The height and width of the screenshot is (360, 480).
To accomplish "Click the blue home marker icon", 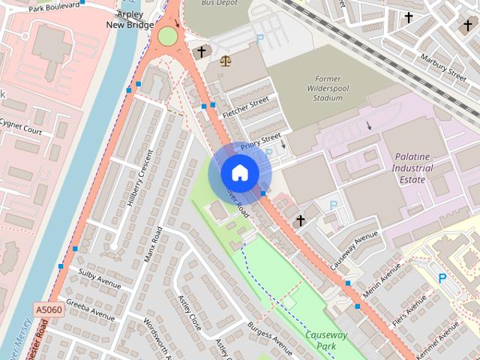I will (240, 173).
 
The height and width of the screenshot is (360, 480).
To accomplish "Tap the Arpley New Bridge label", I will (130, 19).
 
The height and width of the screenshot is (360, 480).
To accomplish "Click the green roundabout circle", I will (167, 36).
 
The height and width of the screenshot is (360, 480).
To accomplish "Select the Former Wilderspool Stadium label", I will (328, 88).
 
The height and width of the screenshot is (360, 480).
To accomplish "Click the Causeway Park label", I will (327, 340).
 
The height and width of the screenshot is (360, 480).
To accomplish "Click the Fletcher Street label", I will (245, 106).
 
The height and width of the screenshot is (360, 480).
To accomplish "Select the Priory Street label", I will (260, 139).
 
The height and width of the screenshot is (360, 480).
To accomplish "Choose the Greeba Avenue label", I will (90, 310).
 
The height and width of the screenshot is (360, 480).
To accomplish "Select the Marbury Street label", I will (443, 66).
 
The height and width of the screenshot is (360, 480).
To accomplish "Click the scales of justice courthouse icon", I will (225, 58).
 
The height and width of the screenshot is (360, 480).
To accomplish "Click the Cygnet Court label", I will (20, 126).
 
